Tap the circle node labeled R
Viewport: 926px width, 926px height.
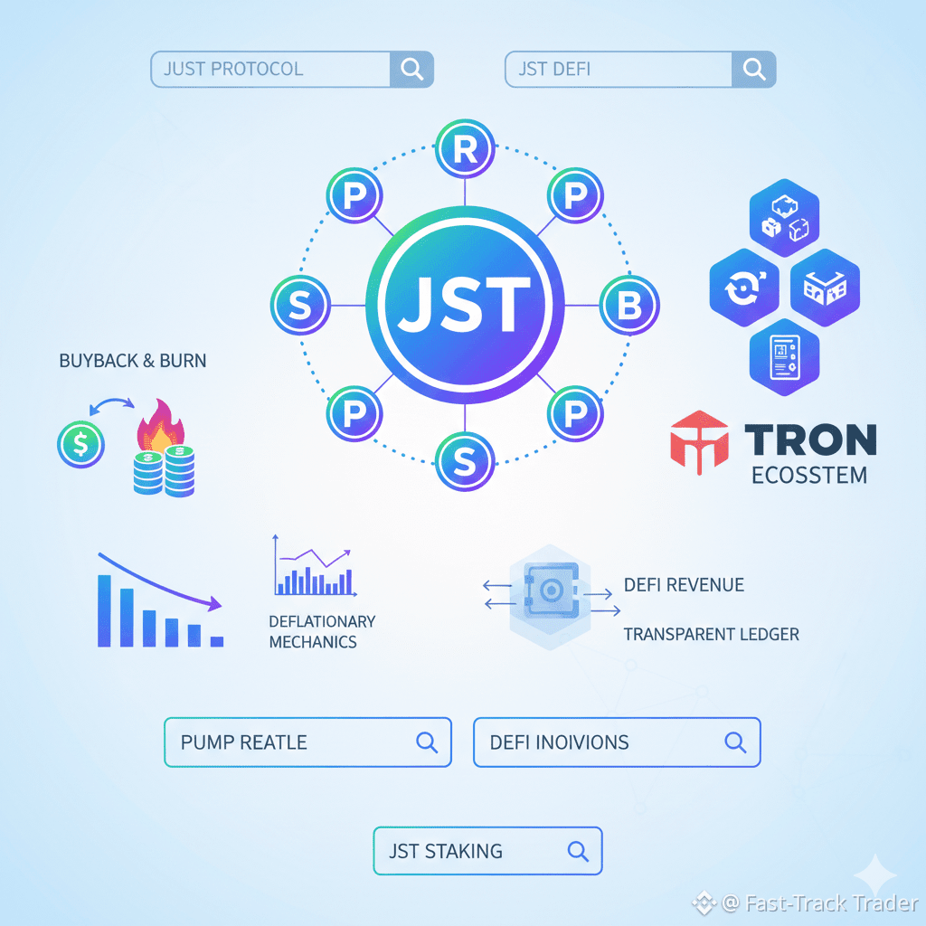[465, 149]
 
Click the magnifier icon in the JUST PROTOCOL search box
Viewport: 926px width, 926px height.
[411, 70]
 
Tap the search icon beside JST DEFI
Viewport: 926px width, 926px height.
[753, 70]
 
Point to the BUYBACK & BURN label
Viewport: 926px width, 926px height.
[132, 361]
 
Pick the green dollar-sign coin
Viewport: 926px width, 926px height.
[80, 445]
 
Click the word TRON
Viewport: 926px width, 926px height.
[810, 440]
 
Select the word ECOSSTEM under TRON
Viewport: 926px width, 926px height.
[809, 475]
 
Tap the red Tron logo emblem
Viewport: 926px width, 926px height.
[699, 442]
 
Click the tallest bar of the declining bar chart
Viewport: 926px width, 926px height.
[105, 610]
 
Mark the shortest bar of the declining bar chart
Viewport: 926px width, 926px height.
[216, 641]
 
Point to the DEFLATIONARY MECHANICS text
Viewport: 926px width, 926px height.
[322, 632]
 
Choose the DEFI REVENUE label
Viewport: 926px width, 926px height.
[684, 585]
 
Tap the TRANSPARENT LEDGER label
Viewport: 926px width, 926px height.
[711, 634]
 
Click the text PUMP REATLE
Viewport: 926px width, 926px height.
[244, 742]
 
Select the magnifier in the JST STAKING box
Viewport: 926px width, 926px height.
[577, 851]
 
